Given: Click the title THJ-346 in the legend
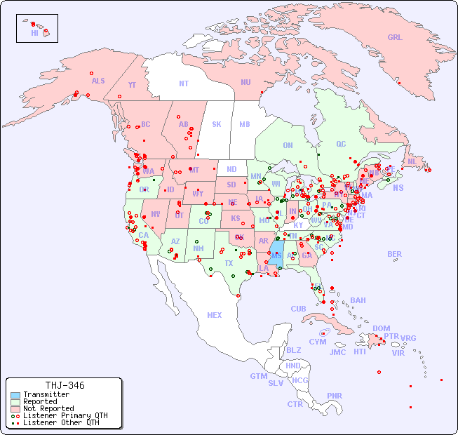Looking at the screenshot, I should click(65, 385).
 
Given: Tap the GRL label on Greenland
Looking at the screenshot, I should click(395, 38).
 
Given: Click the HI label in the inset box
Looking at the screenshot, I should click(35, 33).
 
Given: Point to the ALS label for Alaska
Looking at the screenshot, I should click(98, 81).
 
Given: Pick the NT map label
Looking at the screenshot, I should click(184, 83).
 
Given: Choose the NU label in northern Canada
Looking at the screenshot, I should click(245, 82).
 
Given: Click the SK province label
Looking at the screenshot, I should click(217, 124).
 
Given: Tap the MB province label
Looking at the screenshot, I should click(245, 124).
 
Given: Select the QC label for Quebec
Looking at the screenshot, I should click(341, 144).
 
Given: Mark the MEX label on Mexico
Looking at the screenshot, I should click(215, 315).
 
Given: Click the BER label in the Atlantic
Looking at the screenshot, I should click(395, 254).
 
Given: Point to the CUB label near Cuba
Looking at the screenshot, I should click(299, 309).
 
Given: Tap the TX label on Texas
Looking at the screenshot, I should click(229, 263).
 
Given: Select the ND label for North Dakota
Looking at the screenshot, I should click(231, 169).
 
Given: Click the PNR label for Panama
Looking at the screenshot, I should click(335, 396).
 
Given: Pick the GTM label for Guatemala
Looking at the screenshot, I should click(258, 376).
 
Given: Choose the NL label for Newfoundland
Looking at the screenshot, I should click(412, 161).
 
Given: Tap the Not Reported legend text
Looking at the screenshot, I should click(48, 408).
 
